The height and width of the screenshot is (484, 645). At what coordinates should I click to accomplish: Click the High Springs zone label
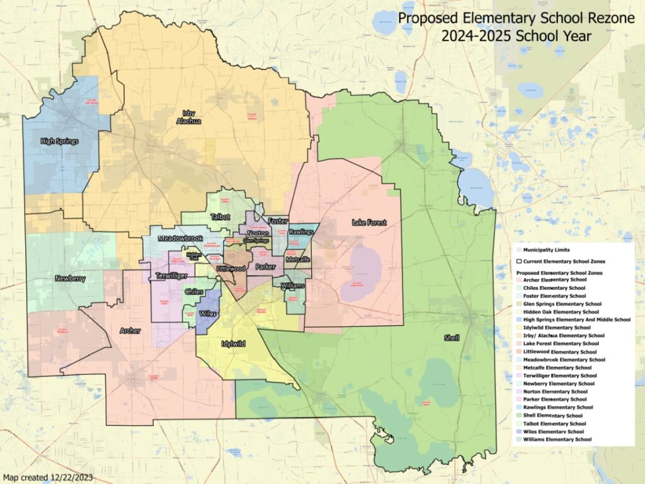[59, 141]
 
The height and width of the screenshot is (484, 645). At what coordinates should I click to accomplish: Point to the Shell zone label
[451, 338]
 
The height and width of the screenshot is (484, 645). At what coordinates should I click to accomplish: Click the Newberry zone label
[70, 278]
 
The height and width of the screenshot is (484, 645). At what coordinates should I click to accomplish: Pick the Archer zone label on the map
[130, 330]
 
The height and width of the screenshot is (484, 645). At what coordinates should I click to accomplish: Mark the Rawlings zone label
[301, 233]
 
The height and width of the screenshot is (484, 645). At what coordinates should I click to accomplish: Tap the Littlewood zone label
[231, 268]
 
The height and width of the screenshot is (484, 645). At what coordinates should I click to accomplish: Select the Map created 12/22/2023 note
[48, 477]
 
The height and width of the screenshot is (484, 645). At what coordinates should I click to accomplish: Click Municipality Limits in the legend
[544, 250]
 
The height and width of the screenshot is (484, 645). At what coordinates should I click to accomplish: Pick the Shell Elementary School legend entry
[552, 415]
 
